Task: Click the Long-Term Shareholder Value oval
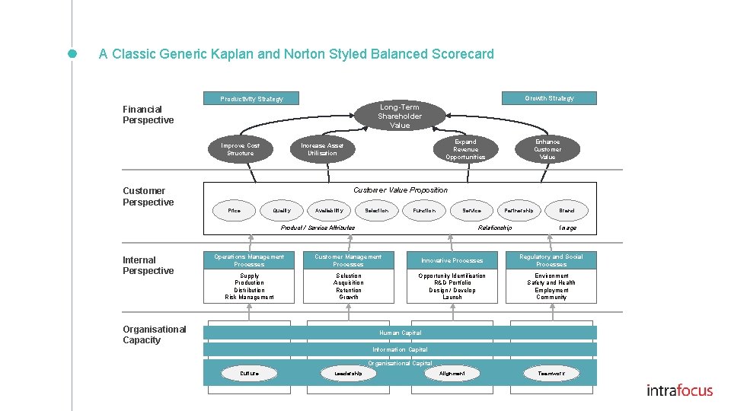tap(400, 116)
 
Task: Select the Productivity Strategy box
tap(251, 98)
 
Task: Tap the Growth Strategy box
tap(549, 98)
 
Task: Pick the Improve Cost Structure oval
tap(241, 149)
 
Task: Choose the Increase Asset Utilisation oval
tap(322, 149)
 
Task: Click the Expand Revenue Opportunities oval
tap(465, 149)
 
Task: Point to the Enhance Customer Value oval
tap(547, 149)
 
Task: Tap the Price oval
tap(235, 210)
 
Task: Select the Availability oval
tap(329, 210)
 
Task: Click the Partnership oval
tap(519, 210)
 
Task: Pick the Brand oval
tap(567, 210)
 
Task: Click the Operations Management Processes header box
tap(249, 260)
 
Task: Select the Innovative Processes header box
tap(452, 260)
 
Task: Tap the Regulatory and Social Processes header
tap(551, 260)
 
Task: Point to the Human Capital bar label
tap(400, 333)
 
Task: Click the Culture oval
tap(249, 373)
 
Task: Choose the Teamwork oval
tap(551, 373)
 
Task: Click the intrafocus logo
tap(679, 390)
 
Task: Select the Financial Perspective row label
tap(148, 114)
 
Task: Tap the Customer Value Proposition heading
tap(401, 190)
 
